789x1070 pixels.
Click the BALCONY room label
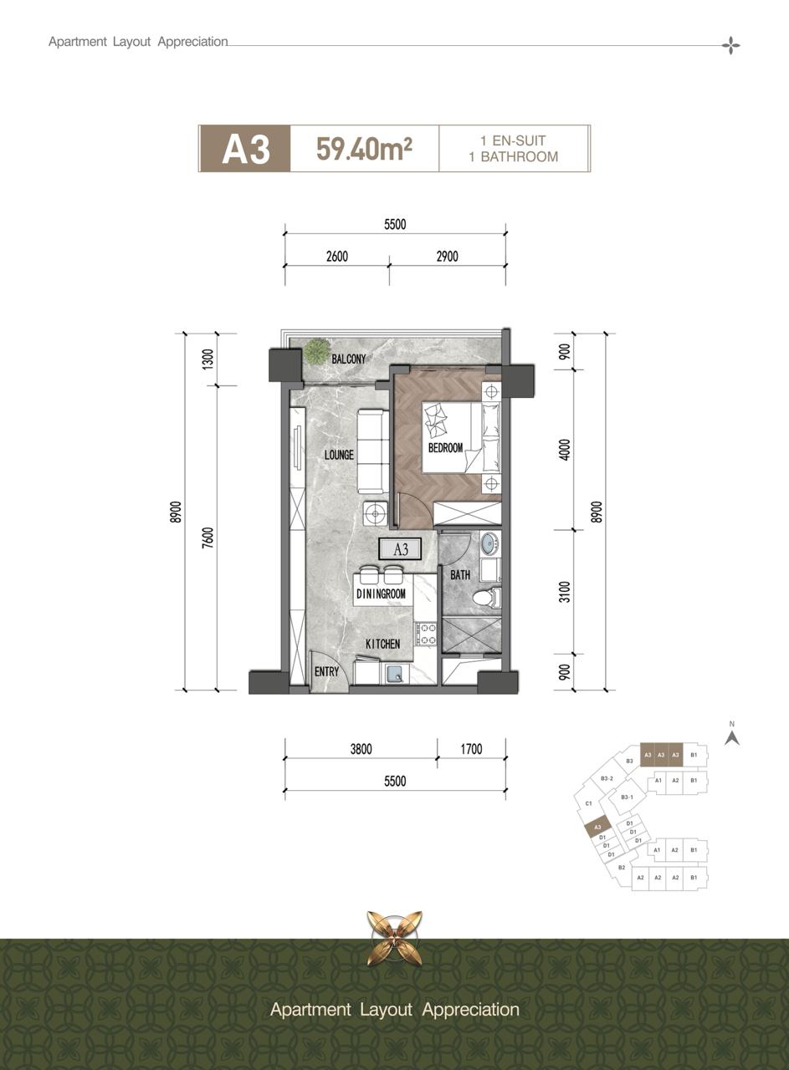pyautogui.click(x=349, y=359)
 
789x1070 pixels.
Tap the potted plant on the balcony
pyautogui.click(x=315, y=350)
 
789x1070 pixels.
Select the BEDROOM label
pyautogui.click(x=445, y=448)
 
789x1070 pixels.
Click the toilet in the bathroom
pyautogui.click(x=487, y=597)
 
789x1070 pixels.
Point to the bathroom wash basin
pyautogui.click(x=489, y=543)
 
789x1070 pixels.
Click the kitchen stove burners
pyautogui.click(x=426, y=634)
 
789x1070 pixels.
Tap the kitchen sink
pyautogui.click(x=395, y=674)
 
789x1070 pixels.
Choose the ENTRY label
pyautogui.click(x=326, y=672)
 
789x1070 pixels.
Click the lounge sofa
pyautogui.click(x=373, y=451)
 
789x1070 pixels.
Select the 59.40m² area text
pyautogui.click(x=364, y=148)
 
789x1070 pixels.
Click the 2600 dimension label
pyautogui.click(x=337, y=257)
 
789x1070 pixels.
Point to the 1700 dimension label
pyautogui.click(x=471, y=749)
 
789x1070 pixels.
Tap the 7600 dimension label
pyautogui.click(x=207, y=538)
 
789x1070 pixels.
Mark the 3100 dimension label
pyautogui.click(x=565, y=592)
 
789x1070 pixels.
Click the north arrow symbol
pyautogui.click(x=732, y=737)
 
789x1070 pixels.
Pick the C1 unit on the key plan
pyautogui.click(x=589, y=803)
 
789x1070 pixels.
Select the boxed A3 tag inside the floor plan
pyautogui.click(x=400, y=549)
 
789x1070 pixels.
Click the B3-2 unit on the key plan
pyautogui.click(x=607, y=778)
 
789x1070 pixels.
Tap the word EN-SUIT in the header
pyautogui.click(x=520, y=140)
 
